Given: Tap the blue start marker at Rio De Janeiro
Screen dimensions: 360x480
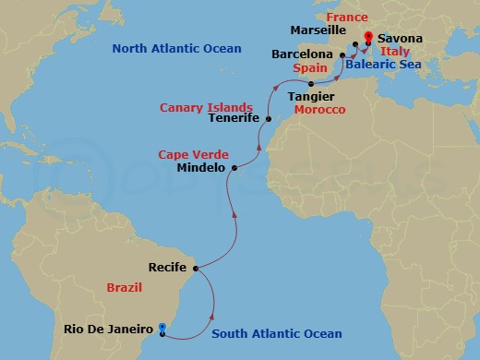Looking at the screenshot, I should point(162,327).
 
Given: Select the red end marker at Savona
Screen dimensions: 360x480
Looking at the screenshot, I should point(368,38).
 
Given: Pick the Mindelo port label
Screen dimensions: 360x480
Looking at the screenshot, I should point(202,168).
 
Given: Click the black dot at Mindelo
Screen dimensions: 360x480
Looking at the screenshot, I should point(234,168).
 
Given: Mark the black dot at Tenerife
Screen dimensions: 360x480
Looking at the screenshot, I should point(268,118).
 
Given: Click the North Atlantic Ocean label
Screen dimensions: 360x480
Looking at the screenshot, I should point(175,48).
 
